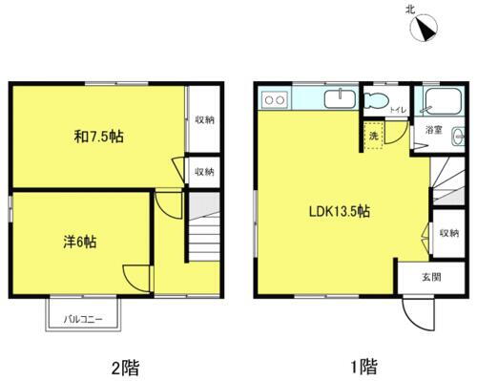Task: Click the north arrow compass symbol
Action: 422,29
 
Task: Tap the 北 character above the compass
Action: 410,9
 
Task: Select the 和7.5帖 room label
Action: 98,137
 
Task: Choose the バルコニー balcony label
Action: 83,319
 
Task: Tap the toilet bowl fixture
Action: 374,101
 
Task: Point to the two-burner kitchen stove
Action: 274,98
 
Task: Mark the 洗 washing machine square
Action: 374,135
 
